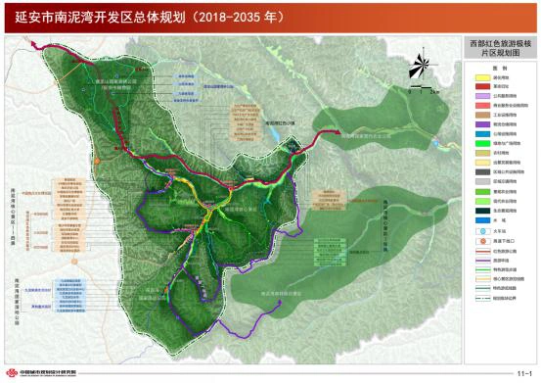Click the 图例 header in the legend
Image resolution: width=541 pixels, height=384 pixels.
(499, 71)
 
